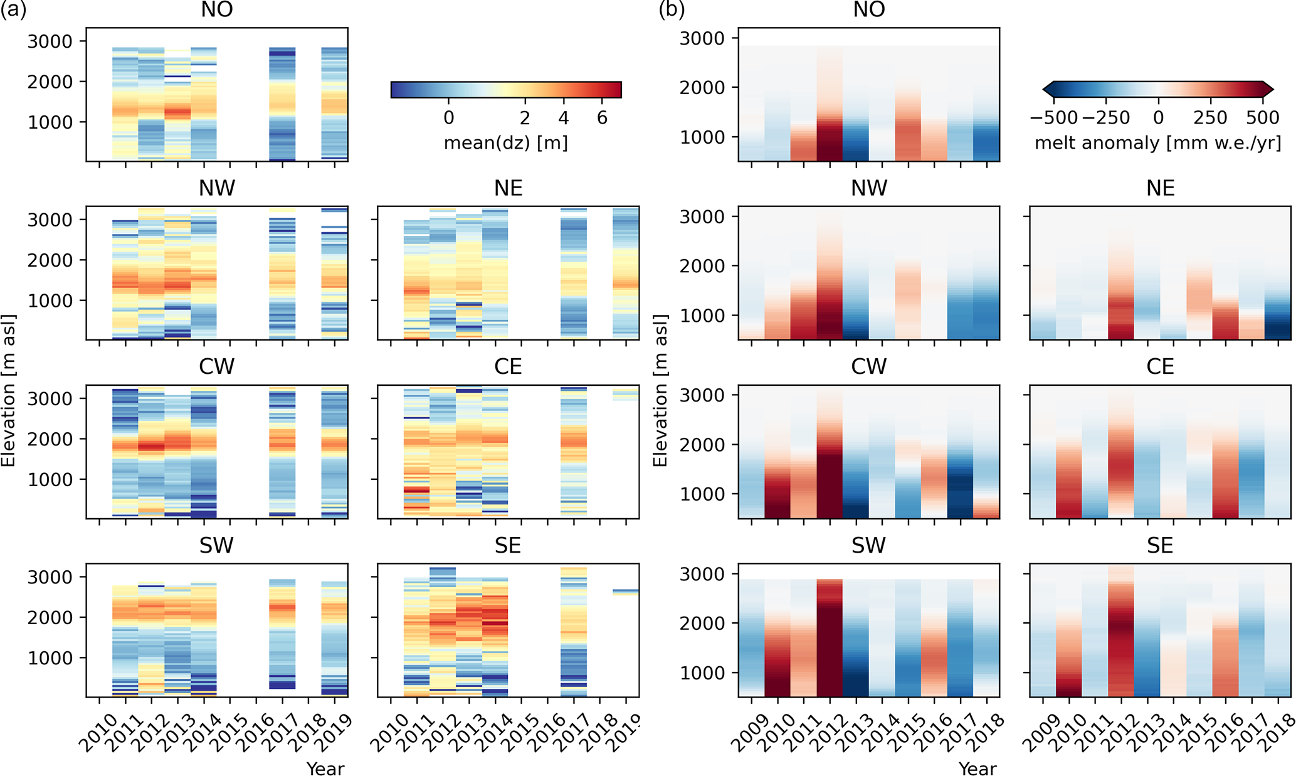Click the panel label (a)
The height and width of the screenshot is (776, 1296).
(x=13, y=10)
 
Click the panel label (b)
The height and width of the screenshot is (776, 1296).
(x=672, y=10)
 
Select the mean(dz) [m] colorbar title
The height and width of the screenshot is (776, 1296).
(x=505, y=143)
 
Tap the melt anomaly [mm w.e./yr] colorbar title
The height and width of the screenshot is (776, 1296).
(x=1157, y=143)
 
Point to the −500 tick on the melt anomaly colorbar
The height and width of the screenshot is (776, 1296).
(x=1054, y=118)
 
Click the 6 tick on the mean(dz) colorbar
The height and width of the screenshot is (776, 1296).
(x=602, y=118)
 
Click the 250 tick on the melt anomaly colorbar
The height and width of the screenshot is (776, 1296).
(x=1210, y=118)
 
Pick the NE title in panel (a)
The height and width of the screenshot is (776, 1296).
(x=508, y=188)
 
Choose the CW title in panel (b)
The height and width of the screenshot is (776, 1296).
(x=868, y=367)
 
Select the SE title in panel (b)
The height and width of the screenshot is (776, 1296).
(x=1160, y=546)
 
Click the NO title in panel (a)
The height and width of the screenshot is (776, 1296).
(x=217, y=10)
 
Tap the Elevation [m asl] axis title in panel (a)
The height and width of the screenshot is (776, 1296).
(x=9, y=390)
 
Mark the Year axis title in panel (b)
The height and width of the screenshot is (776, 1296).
(x=977, y=768)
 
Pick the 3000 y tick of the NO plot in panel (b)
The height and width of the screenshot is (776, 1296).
(x=702, y=38)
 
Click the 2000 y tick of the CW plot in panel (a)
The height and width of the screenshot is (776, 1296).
(x=50, y=439)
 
